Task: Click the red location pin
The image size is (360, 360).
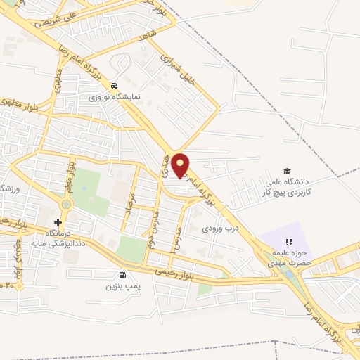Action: [x=181, y=165]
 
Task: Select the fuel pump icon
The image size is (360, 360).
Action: [x=124, y=275]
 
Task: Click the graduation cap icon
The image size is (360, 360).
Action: [x=286, y=171]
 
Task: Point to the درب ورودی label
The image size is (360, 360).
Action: [x=221, y=228]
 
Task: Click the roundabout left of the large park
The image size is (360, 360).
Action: [x=67, y=204]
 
